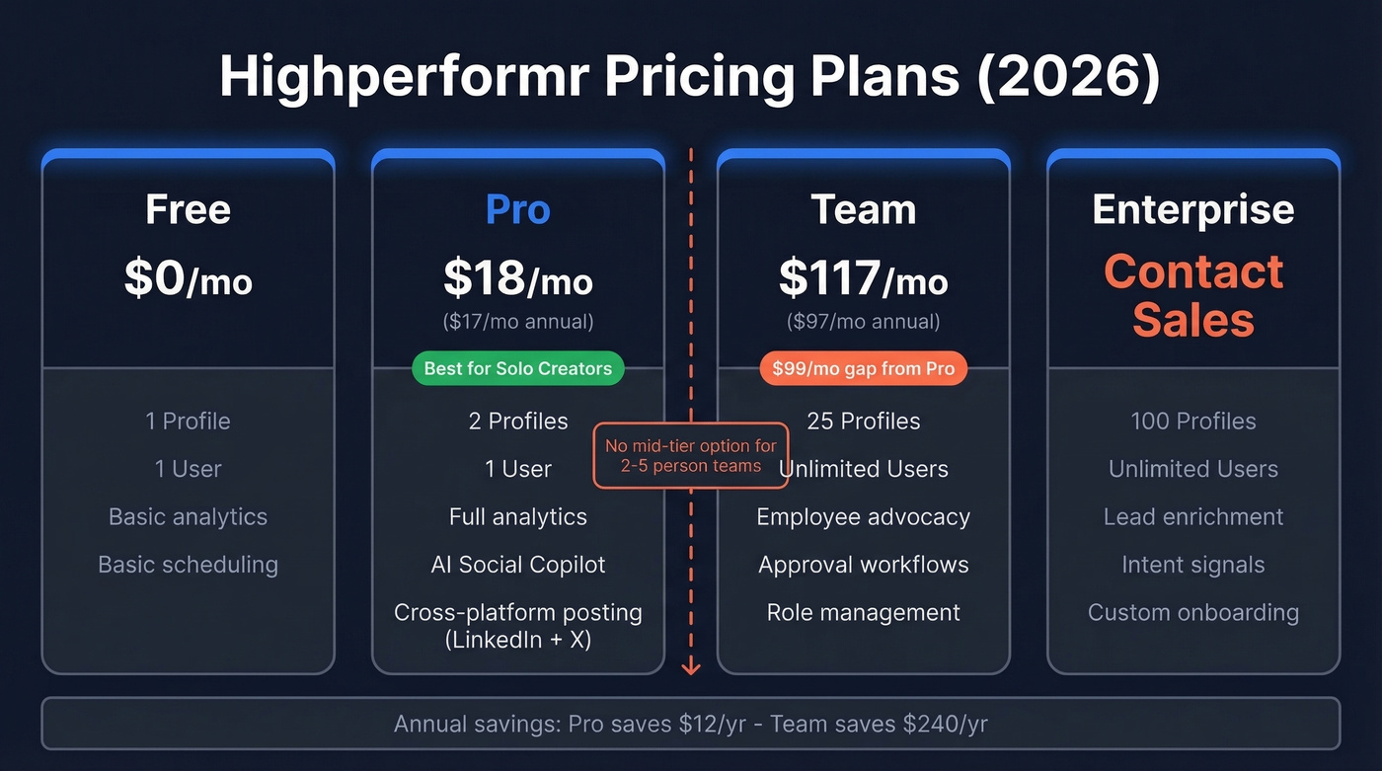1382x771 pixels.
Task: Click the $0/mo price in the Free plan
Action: point(188,279)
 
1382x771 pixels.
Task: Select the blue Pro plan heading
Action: point(517,209)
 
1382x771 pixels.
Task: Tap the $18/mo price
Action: point(517,279)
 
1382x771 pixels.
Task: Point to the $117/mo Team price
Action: point(863,279)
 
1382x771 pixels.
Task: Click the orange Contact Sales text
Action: point(1192,295)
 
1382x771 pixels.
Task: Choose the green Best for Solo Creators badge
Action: point(517,369)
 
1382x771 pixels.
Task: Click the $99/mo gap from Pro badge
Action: point(863,369)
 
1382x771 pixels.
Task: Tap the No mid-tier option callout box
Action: point(691,455)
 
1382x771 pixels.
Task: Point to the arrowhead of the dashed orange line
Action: point(691,668)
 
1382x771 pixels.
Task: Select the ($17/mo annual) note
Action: point(517,321)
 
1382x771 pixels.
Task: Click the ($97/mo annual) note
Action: point(863,321)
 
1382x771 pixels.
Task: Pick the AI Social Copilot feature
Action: point(517,565)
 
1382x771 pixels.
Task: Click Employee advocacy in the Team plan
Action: point(863,517)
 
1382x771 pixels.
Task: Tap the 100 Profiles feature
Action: point(1192,422)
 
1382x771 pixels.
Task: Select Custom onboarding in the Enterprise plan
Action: point(1192,612)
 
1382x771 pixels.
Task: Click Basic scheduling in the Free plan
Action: point(188,565)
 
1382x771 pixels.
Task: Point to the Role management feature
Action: point(863,612)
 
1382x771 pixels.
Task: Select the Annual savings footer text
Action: point(690,724)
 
